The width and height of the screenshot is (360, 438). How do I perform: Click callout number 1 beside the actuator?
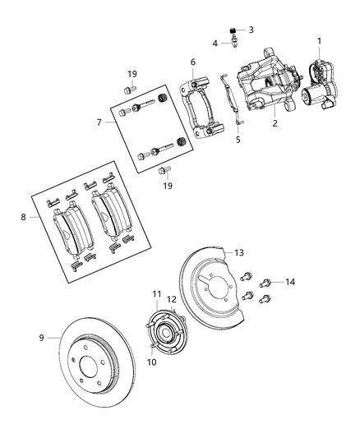click(319, 41)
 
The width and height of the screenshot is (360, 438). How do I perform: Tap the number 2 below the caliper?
click(275, 124)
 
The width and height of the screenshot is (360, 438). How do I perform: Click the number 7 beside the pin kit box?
click(99, 122)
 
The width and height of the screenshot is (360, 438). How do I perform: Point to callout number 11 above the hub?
click(157, 294)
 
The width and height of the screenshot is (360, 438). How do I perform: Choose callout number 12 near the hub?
click(172, 299)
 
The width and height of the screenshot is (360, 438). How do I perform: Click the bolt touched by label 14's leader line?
click(265, 284)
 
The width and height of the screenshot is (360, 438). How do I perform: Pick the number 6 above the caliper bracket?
click(192, 62)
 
